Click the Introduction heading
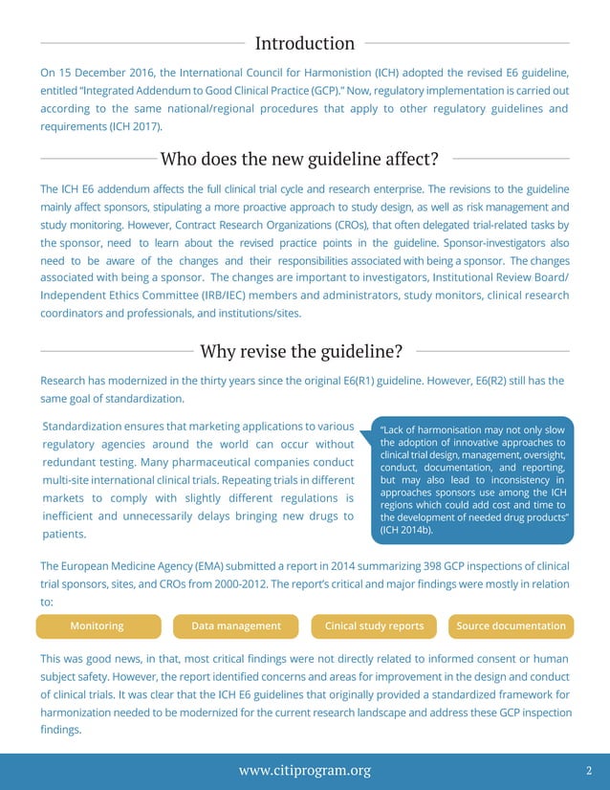click(x=305, y=43)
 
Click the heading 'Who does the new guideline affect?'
click(x=299, y=158)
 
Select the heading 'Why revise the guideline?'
click(x=300, y=351)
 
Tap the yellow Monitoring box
click(x=98, y=626)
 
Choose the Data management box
click(x=236, y=626)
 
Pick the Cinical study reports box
click(x=374, y=626)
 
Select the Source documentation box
click(x=511, y=626)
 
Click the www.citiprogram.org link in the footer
click(x=305, y=770)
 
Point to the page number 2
click(x=589, y=770)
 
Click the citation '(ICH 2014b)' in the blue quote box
click(x=406, y=530)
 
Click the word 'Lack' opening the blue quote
click(x=398, y=429)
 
